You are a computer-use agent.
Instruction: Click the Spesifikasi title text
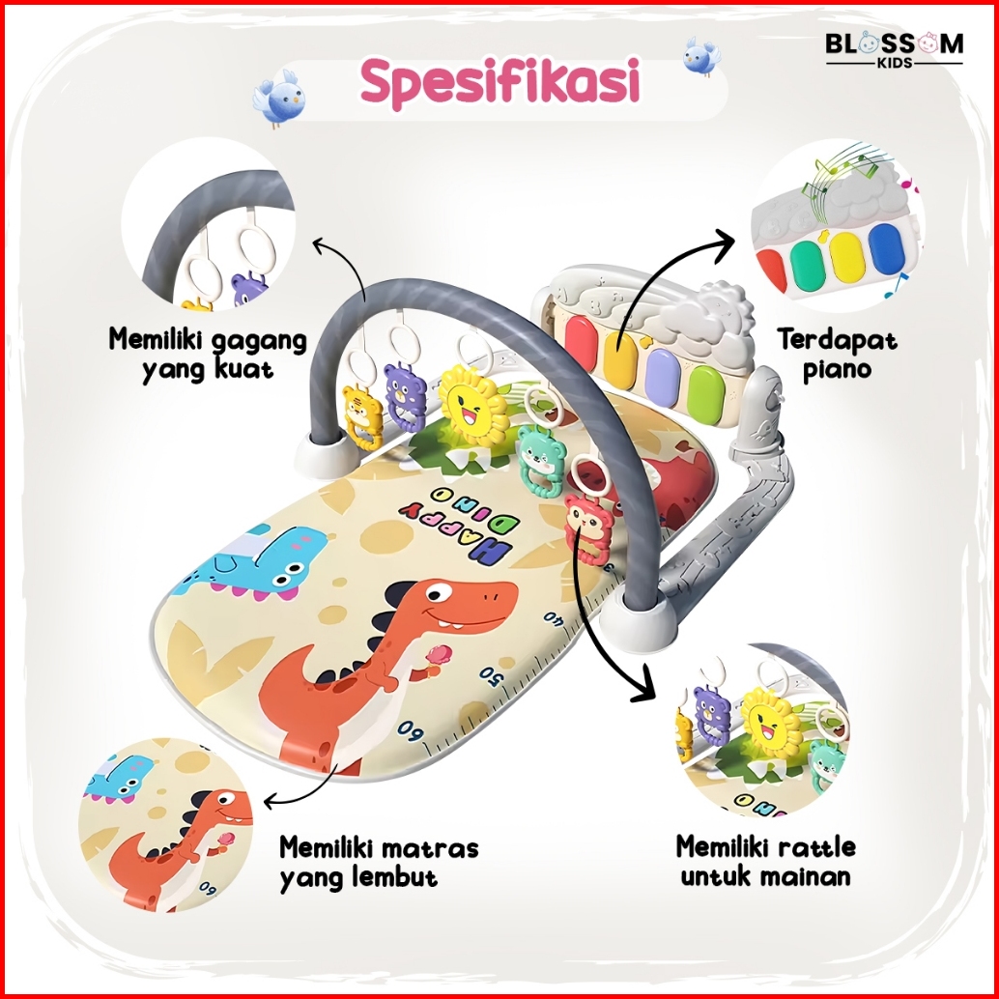pyautogui.click(x=500, y=84)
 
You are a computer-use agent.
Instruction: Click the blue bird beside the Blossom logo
pyautogui.click(x=701, y=56)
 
